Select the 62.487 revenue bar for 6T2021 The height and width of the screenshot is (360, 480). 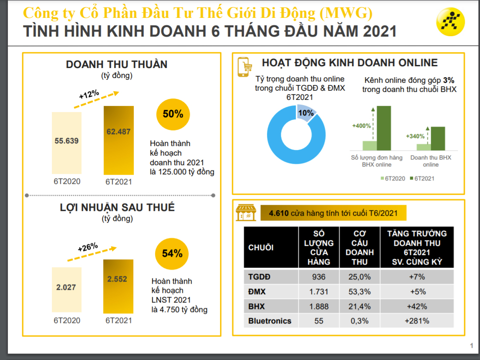[x=118, y=140]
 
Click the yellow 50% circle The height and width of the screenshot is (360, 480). [x=173, y=114]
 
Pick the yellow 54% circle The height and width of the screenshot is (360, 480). [x=172, y=253]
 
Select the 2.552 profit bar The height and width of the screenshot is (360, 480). [x=118, y=286]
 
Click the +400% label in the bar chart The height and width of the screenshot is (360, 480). [x=361, y=126]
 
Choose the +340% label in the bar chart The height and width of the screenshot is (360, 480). [x=415, y=136]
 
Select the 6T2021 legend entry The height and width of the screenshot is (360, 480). [x=422, y=178]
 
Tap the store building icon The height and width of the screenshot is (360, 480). [x=246, y=213]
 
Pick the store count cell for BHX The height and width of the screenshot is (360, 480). [x=319, y=306]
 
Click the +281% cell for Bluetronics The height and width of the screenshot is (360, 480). [x=416, y=321]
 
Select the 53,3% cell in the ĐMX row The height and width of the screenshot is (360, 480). [x=359, y=292]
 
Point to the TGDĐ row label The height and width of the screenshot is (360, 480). [x=260, y=277]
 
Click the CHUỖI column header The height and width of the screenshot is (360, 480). [x=261, y=247]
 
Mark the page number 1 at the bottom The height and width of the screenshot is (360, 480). [x=471, y=346]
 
